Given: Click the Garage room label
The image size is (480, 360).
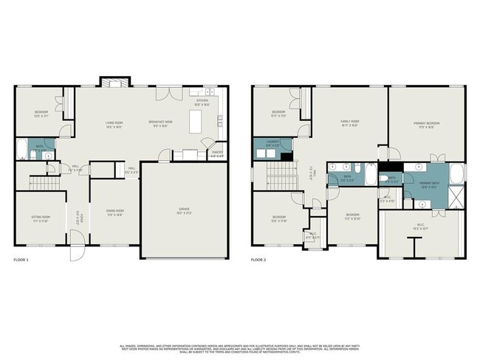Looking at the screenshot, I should (183, 210).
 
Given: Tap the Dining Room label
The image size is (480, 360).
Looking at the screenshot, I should (114, 211).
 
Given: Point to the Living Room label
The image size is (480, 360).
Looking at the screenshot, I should (113, 122).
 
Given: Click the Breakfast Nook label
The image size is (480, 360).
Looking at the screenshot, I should (160, 122).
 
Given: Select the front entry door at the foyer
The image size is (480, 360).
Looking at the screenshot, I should (77, 252).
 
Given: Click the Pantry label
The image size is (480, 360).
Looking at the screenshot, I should (216, 155).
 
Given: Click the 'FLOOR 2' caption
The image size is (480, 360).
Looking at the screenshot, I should (259, 260).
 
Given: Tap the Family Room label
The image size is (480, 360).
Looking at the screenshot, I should (349, 122).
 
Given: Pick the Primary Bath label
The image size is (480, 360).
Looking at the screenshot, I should (430, 184).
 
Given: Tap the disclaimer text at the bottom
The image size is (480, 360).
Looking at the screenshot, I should (240, 348).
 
